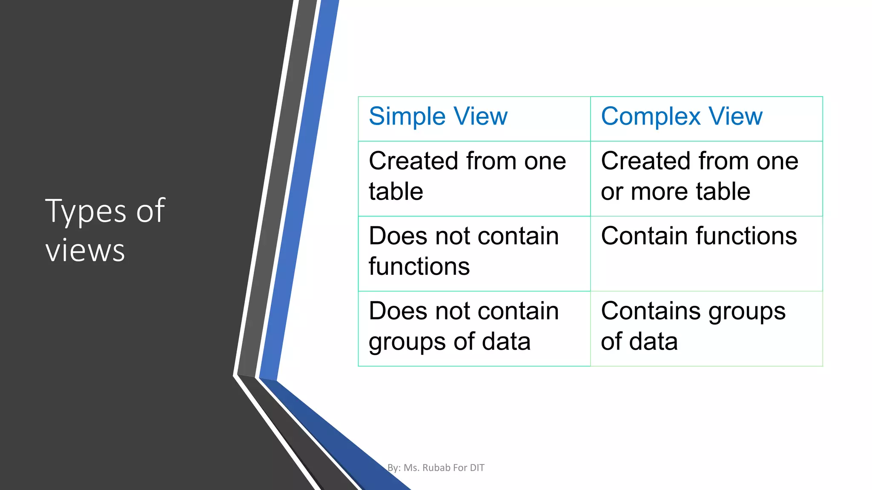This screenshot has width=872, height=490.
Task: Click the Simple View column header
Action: [438, 117]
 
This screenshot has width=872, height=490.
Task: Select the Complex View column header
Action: [682, 117]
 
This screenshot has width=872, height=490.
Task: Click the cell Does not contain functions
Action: [464, 251]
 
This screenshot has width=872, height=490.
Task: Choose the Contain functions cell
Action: [699, 236]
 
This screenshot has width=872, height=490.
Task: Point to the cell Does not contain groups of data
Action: [464, 326]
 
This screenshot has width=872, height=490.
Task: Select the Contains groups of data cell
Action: [693, 326]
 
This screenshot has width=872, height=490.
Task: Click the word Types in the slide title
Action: [86, 211]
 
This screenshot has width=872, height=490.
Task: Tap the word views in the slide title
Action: [85, 251]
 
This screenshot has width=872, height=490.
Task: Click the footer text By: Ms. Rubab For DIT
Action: [436, 468]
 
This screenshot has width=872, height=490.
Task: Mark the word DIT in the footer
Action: [477, 468]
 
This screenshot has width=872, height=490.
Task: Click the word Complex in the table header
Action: [651, 117]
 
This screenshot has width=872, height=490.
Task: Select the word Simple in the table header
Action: [407, 117]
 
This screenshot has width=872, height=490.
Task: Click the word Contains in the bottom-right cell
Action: [651, 311]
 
